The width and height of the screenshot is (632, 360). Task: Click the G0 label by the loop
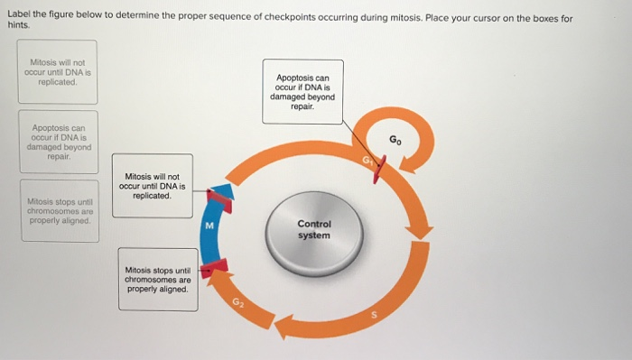pyautogui.click(x=395, y=141)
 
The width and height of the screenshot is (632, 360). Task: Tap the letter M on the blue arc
pyautogui.click(x=209, y=226)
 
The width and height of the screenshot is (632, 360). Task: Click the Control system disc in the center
pyautogui.click(x=314, y=230)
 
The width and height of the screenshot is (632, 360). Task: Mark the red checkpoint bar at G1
pyautogui.click(x=377, y=167)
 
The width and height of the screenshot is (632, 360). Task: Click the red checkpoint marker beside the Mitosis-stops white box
pyautogui.click(x=216, y=267)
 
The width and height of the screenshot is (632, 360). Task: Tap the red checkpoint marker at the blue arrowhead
pyautogui.click(x=218, y=200)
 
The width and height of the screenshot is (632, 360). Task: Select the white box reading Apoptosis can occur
pyautogui.click(x=302, y=92)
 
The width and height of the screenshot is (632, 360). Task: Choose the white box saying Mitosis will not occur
pyautogui.click(x=153, y=189)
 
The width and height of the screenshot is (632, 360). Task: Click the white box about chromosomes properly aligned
pyautogui.click(x=158, y=280)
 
